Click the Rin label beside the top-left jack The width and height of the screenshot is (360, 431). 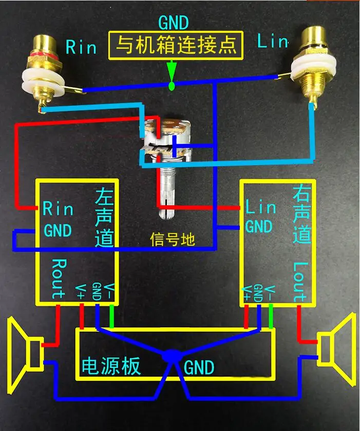point(81,48)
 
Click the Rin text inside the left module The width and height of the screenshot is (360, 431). point(58,209)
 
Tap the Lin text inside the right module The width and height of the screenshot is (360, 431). point(260,208)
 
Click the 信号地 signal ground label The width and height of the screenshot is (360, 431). point(173,239)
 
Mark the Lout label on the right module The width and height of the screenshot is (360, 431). point(300,282)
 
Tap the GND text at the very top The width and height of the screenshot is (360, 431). point(173,23)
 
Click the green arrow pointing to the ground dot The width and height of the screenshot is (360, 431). point(172,70)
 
